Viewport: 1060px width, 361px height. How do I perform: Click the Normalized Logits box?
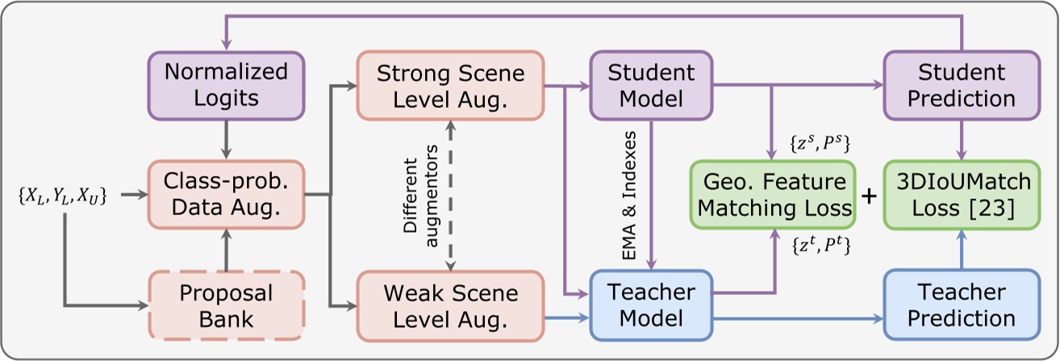(x=226, y=85)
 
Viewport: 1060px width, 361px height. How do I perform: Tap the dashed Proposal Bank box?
(x=226, y=305)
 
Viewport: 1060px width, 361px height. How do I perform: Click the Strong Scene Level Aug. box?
(x=451, y=85)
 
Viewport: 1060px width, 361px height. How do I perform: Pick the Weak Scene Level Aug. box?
(x=451, y=305)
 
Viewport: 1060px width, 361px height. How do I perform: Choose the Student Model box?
(x=651, y=85)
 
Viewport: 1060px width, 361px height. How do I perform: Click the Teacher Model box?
(x=651, y=305)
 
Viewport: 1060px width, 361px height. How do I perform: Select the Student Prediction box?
(x=960, y=85)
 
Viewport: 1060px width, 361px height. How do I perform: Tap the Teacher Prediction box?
(x=960, y=305)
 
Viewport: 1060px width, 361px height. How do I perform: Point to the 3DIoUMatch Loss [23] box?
(x=960, y=194)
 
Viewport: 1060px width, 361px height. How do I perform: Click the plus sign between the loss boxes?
(x=870, y=195)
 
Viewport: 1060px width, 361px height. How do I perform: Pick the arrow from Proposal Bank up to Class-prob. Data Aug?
(x=226, y=250)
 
